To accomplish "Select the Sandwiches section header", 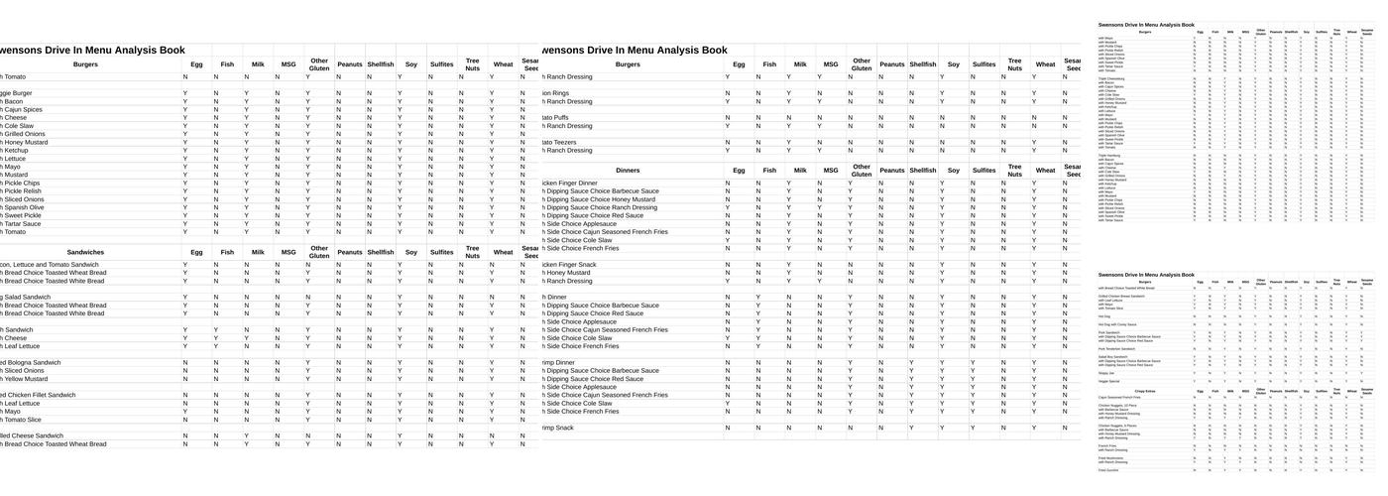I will coord(85,252).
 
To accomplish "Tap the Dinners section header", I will coord(628,171).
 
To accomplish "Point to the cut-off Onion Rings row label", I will coord(555,93).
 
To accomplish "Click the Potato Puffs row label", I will coord(555,118).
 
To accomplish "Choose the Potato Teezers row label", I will coord(559,143).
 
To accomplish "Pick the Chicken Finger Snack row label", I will coord(569,265).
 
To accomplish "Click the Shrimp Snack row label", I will coord(557,429).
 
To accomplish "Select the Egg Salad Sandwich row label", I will coord(25,298).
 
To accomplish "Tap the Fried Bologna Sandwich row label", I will coord(31,363).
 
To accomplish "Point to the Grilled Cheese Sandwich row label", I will coord(32,436).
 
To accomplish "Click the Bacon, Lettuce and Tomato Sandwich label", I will coord(49,265).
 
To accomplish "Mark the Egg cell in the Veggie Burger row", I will coord(185,93).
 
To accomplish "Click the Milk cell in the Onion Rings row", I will coord(789,93).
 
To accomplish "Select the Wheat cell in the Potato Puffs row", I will coord(1034,118).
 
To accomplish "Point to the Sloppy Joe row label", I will coord(1107,373).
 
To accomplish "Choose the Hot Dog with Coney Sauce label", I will coord(1117,324).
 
